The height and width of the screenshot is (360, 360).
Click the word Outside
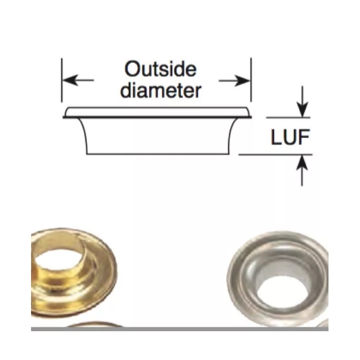(160, 70)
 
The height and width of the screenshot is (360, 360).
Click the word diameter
(161, 90)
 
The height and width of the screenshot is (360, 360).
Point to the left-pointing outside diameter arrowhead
(67, 81)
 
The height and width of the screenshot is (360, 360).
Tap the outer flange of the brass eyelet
(101, 288)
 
